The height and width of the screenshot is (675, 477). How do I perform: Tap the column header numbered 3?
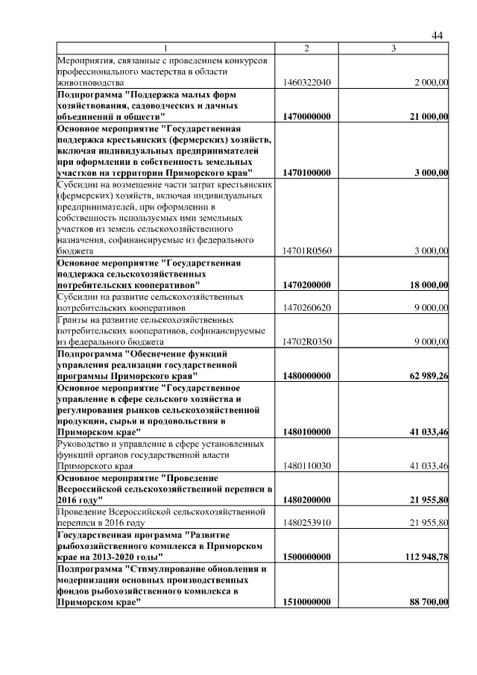[x=394, y=48]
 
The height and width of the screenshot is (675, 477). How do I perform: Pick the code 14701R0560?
[x=306, y=251]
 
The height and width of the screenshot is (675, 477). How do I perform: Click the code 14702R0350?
[x=306, y=342]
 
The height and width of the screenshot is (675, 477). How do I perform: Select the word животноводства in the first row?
[x=88, y=82]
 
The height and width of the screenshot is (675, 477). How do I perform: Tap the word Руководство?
[x=85, y=443]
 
